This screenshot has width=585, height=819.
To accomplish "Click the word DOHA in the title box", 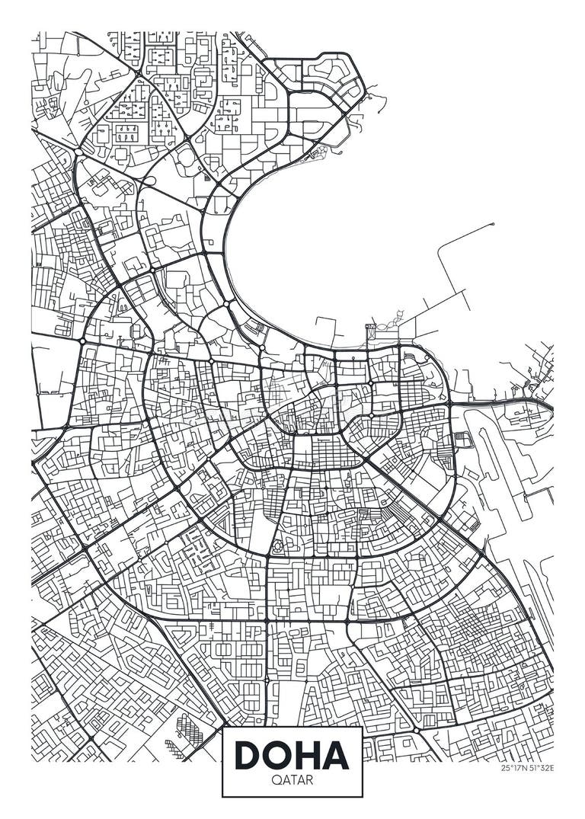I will coord(292,753).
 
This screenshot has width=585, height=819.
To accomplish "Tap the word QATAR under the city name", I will coord(292,780).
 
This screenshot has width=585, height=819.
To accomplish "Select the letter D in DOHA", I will coord(248,753).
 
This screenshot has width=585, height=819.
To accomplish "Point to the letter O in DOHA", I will coord(279,753).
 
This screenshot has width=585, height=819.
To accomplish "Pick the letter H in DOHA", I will coord(308,753).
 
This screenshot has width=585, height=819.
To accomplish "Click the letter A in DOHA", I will coord(335,753).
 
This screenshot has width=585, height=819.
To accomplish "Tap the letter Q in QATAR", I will coord(275,780).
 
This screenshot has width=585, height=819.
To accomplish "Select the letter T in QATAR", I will coord(292,780).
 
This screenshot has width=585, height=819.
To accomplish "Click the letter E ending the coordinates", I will coord(551,768).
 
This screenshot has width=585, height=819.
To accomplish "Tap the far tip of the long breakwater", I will coord(493,224).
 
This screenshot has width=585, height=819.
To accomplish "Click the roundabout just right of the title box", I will coord(417,730).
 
